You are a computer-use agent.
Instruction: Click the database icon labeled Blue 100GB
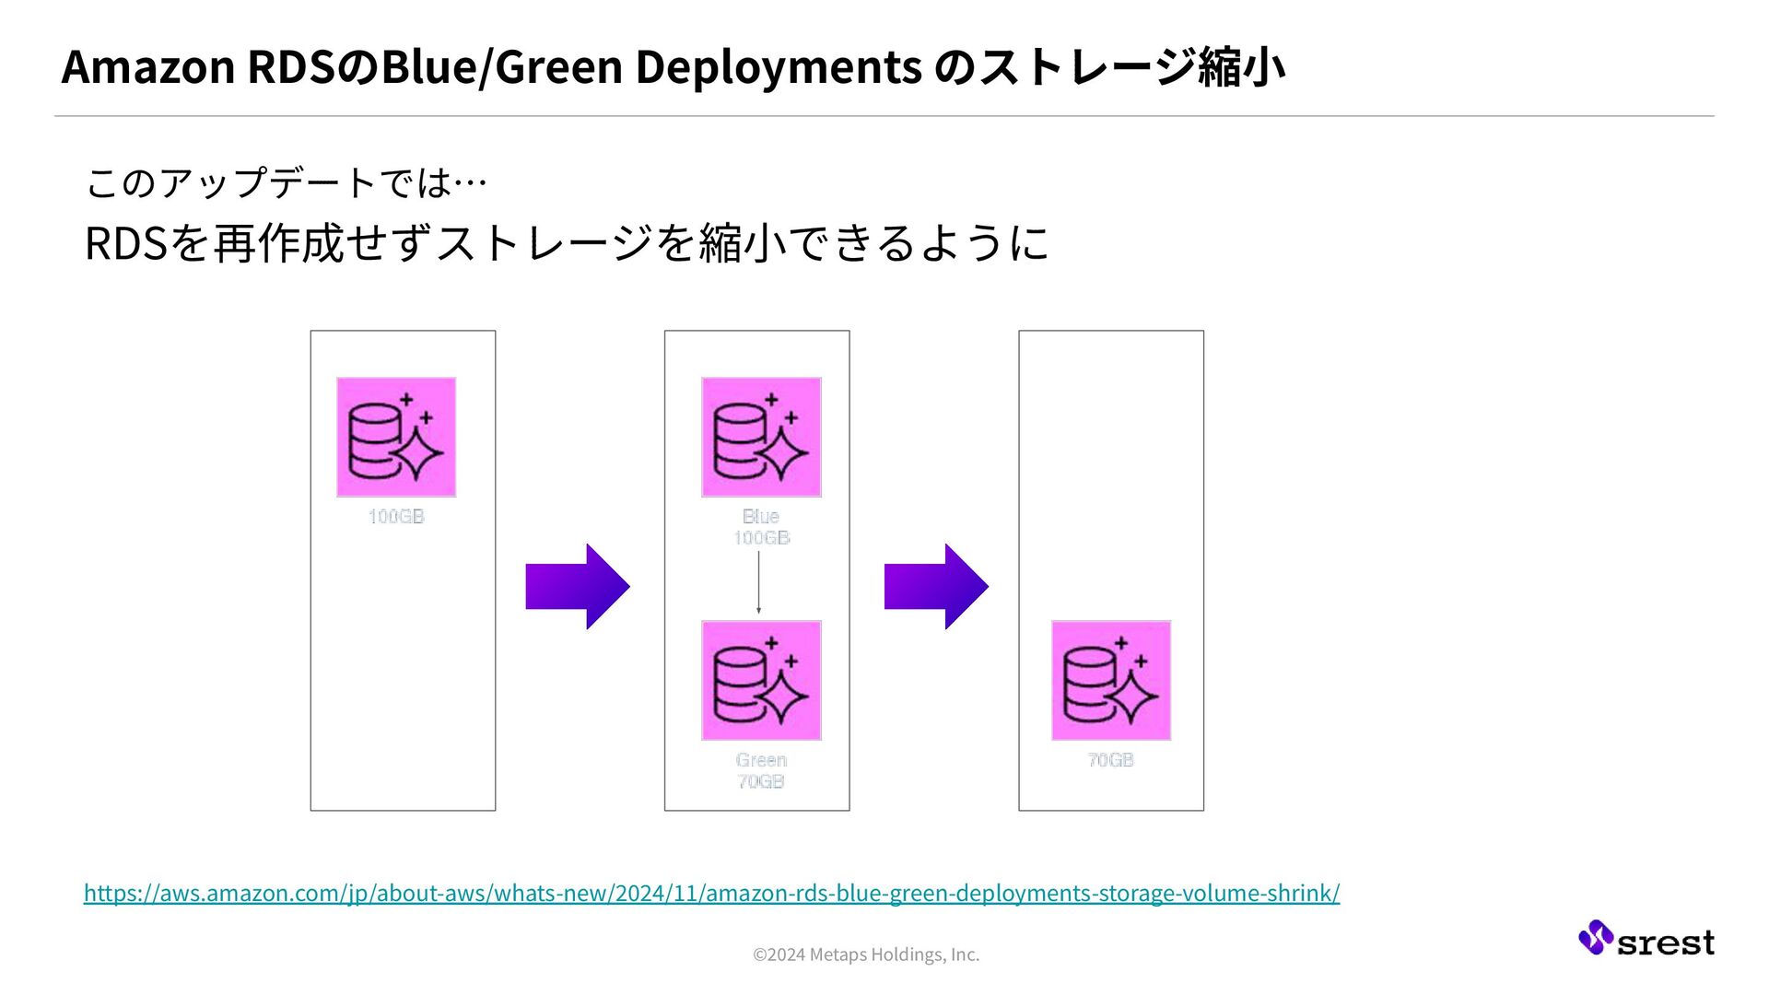click(761, 437)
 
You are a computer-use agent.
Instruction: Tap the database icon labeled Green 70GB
click(761, 680)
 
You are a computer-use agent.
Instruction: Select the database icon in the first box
click(396, 437)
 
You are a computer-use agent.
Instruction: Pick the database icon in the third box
click(1111, 680)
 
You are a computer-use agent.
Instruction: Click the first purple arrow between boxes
click(578, 586)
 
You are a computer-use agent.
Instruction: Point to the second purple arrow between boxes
click(936, 586)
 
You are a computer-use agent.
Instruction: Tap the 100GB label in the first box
click(396, 517)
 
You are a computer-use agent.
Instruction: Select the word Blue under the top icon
click(761, 517)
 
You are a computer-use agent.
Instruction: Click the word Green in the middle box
click(761, 760)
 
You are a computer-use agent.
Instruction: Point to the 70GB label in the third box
click(1110, 760)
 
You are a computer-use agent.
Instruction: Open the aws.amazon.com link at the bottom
click(711, 893)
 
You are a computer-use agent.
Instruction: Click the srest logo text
click(1666, 942)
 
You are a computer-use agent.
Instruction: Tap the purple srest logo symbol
click(1595, 937)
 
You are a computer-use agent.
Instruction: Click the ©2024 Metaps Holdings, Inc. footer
click(866, 954)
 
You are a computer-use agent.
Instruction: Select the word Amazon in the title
click(148, 67)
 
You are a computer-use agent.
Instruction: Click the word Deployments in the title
click(779, 67)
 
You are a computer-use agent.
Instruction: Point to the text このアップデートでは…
click(286, 182)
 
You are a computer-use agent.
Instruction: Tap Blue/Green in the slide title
click(502, 67)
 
